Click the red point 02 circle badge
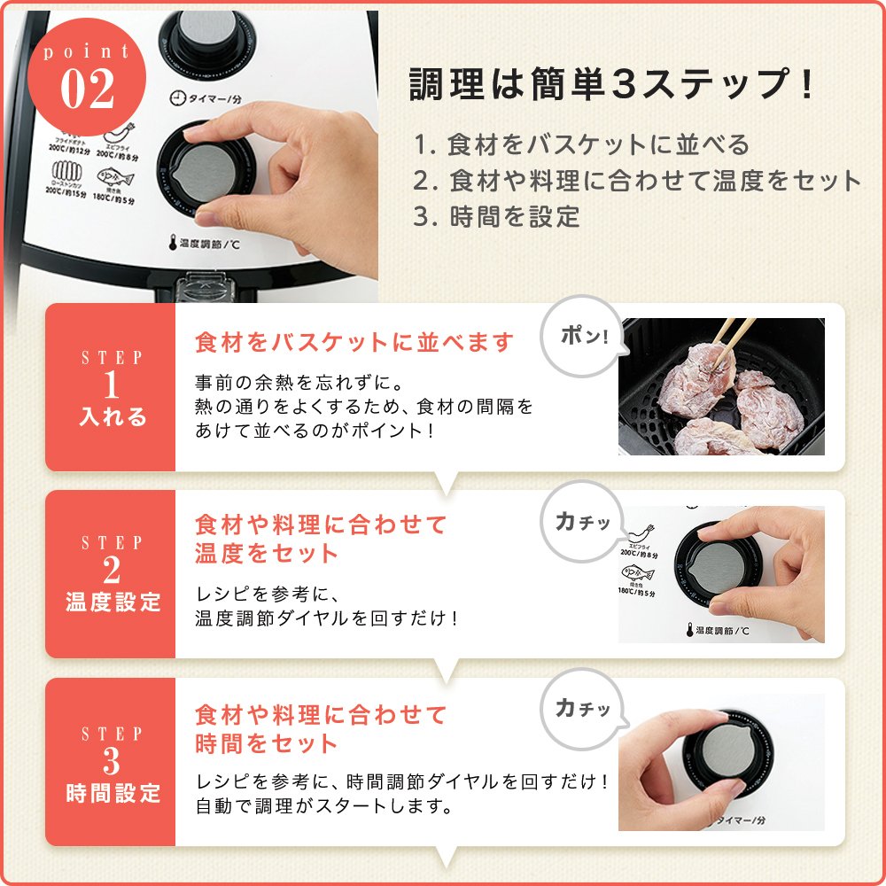tap(88, 78)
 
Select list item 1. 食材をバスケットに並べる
tap(581, 144)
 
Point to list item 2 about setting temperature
tap(637, 181)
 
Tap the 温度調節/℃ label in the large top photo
tap(207, 242)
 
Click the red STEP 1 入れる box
tap(112, 387)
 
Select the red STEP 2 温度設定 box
tap(112, 573)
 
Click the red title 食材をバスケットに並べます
tap(354, 342)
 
